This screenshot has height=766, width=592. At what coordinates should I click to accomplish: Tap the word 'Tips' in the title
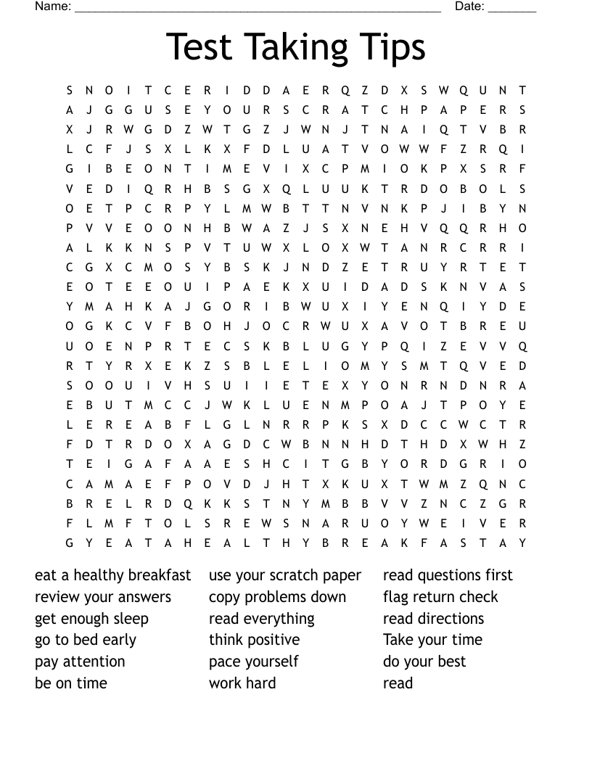click(x=392, y=47)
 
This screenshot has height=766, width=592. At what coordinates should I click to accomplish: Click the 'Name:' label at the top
click(x=53, y=7)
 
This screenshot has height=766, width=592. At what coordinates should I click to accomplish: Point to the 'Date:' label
click(x=469, y=7)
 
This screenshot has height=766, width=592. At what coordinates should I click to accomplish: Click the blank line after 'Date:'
click(x=512, y=9)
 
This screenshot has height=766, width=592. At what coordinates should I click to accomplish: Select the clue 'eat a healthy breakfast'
click(x=113, y=575)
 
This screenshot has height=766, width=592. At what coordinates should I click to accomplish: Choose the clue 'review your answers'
click(x=103, y=597)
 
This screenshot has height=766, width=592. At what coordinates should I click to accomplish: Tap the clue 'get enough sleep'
click(x=91, y=619)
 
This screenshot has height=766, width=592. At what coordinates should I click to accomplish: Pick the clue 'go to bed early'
click(x=86, y=640)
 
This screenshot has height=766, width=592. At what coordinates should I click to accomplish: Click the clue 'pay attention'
click(x=80, y=662)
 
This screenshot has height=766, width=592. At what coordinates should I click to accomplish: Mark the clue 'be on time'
click(x=71, y=683)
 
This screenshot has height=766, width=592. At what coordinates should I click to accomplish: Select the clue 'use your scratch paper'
click(x=285, y=575)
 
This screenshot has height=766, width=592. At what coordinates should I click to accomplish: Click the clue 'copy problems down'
click(x=277, y=597)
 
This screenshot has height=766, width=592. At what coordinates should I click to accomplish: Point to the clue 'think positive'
click(x=254, y=640)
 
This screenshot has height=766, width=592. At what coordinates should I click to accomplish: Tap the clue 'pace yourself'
click(x=253, y=662)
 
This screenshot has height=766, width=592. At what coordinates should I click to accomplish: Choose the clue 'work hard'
click(x=242, y=683)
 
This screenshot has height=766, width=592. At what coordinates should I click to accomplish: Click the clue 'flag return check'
click(x=440, y=597)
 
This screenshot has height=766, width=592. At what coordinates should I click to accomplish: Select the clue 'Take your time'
click(x=432, y=640)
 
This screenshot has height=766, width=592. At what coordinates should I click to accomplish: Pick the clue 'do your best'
click(x=424, y=662)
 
